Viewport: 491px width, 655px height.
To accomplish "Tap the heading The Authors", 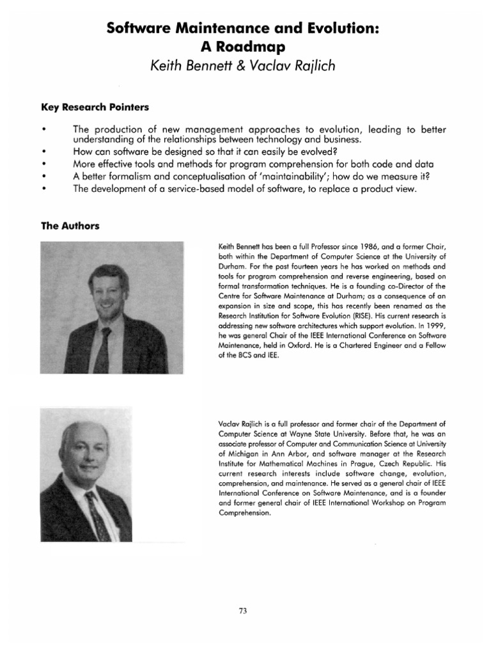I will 70,225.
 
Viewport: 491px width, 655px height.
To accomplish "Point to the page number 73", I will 242,611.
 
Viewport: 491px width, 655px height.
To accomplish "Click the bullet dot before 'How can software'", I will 44,151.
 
